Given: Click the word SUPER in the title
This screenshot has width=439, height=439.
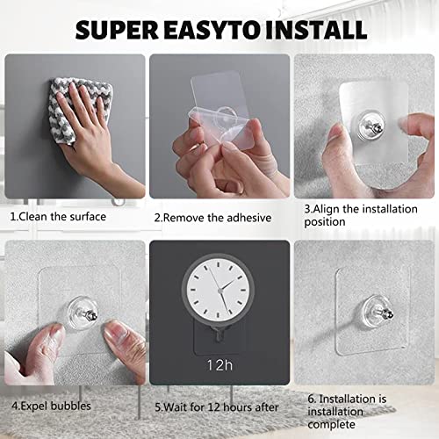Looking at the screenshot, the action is (117, 30).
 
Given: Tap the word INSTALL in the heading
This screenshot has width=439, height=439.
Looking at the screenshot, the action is (316, 30).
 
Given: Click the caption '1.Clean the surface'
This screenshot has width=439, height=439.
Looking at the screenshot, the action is (58, 217).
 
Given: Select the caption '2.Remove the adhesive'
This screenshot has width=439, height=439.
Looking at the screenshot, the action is (212, 218).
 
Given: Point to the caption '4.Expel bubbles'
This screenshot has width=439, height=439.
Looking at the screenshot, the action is (51, 407).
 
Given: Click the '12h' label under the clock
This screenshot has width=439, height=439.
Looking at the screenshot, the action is (219, 365).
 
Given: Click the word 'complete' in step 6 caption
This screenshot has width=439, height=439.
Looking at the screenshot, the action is (331, 425).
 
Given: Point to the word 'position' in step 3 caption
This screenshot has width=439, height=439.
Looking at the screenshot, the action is (325, 222).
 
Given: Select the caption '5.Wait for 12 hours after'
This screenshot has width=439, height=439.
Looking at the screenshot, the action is (217, 407).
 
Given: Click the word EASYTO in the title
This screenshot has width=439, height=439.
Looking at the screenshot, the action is (212, 30).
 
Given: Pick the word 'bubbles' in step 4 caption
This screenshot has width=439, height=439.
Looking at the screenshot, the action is (71, 406).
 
